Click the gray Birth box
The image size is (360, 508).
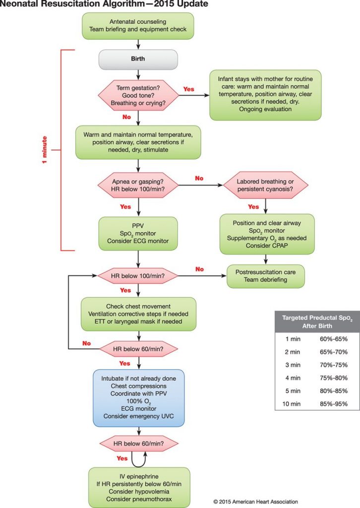(x=139, y=60)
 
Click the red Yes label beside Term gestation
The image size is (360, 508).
(x=189, y=89)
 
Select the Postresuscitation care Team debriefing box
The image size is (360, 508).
(x=265, y=276)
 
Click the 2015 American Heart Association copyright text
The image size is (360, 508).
(x=255, y=502)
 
